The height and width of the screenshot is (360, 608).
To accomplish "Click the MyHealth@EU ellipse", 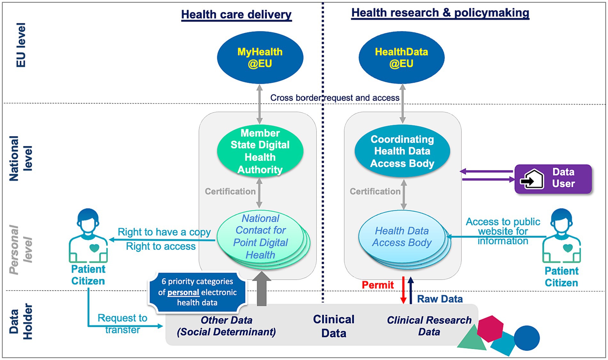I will [x=260, y=58].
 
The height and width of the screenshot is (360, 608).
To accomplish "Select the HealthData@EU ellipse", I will [x=401, y=58].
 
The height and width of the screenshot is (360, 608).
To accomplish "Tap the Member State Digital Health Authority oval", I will [x=260, y=151].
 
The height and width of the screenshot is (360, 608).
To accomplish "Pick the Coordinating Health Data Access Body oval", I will [x=402, y=151].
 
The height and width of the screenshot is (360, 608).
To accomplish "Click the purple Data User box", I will [x=553, y=179].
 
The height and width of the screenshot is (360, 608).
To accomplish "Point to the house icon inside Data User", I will [x=532, y=179].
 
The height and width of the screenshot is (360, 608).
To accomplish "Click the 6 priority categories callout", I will [x=197, y=292].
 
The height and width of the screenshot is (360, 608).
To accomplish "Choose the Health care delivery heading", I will [x=236, y=15].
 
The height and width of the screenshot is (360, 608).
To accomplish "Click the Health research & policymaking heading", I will [x=440, y=13].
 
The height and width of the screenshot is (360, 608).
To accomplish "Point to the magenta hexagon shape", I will [x=490, y=328].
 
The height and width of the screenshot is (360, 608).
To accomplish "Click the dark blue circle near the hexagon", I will [x=526, y=338].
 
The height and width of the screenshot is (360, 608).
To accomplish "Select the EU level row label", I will [x=21, y=45].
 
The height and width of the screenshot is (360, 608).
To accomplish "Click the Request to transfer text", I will [x=122, y=324].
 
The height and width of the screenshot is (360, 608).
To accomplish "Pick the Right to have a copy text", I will [x=164, y=232].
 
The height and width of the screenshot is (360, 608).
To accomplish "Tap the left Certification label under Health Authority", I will [x=230, y=191].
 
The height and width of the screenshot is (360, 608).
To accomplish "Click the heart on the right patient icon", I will [x=567, y=248].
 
